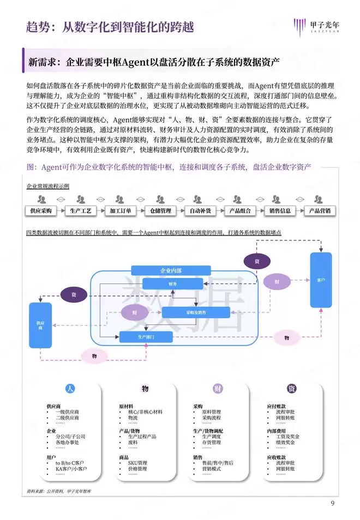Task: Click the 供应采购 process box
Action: tap(41, 210)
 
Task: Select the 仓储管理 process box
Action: tap(161, 210)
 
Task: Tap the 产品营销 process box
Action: tap(319, 210)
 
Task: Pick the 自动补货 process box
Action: tap(201, 210)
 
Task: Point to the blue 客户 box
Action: tap(321, 280)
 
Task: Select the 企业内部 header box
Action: tap(171, 270)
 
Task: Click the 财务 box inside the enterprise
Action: tap(172, 284)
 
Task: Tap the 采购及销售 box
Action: tap(196, 312)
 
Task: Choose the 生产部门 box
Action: tap(146, 337)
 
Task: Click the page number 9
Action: tap(332, 503)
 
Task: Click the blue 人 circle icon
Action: tap(69, 389)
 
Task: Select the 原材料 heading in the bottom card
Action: tap(127, 407)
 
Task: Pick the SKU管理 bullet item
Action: tap(137, 463)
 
